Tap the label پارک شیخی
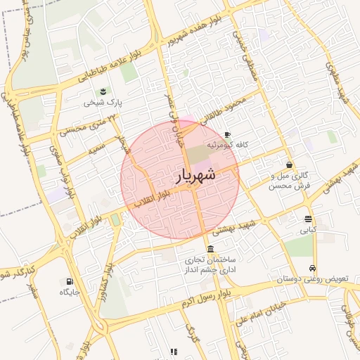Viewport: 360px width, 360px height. click(x=103, y=103)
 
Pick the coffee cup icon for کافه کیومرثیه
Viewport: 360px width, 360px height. click(x=227, y=134)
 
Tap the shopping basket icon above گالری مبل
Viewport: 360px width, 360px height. click(x=290, y=165)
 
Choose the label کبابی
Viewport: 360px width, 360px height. click(x=308, y=230)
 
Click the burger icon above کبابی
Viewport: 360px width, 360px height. click(x=308, y=219)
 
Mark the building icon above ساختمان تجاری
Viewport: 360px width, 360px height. click(x=211, y=249)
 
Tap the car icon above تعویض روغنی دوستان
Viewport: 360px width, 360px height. click(x=311, y=268)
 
